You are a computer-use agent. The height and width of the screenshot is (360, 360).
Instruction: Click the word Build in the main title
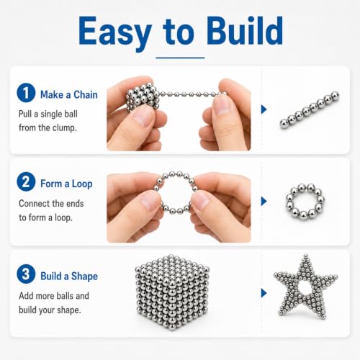(x=245, y=30)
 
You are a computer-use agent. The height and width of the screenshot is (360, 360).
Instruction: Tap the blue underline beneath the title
(x=180, y=58)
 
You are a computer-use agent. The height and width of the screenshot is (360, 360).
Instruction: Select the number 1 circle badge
(x=26, y=93)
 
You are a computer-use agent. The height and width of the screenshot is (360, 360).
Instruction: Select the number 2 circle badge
(x=26, y=181)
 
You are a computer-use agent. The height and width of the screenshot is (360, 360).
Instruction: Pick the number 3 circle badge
(x=26, y=274)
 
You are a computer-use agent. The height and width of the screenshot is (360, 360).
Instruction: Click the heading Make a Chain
(x=69, y=94)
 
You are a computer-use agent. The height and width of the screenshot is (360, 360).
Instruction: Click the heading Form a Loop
(x=66, y=184)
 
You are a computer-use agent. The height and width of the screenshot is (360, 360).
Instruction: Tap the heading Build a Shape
(x=69, y=276)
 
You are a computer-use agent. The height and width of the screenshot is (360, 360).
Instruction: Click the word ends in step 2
(x=75, y=203)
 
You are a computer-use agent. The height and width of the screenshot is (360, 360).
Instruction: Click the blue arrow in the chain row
(x=264, y=109)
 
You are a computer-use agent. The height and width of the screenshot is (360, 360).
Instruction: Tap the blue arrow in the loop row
(x=264, y=201)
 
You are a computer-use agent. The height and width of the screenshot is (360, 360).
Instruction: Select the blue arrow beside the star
(x=264, y=293)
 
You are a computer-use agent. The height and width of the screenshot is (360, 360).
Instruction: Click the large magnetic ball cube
(x=172, y=292)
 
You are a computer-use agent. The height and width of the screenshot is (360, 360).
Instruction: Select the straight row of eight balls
(x=310, y=110)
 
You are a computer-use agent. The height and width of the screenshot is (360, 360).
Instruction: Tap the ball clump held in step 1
(x=143, y=97)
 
